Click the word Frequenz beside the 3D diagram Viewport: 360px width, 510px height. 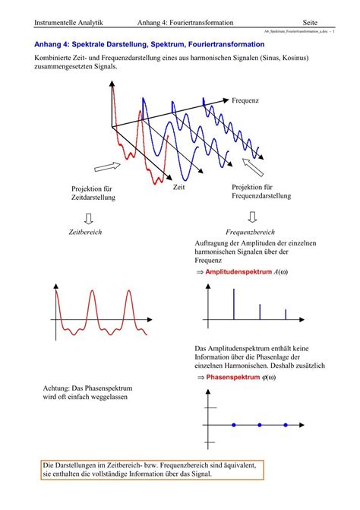245,100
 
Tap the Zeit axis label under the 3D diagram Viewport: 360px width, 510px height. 179,186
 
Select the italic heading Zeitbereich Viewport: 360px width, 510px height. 85,231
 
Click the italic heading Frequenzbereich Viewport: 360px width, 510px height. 251,231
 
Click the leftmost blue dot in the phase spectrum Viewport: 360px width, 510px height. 235,424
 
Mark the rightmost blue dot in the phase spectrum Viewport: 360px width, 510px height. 286,424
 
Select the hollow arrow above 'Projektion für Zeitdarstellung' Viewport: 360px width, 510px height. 107,166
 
